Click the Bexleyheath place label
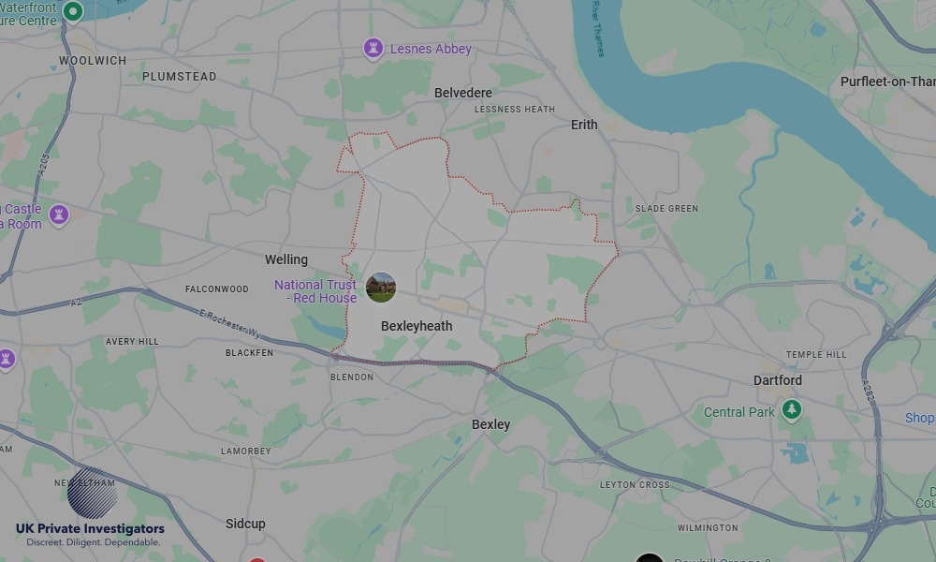(417, 326)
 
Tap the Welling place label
(286, 259)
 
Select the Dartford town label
(778, 380)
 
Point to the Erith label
(584, 125)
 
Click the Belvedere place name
(463, 93)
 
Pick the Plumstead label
(179, 77)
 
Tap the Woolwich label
(93, 61)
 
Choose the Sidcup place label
(245, 524)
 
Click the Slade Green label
(666, 208)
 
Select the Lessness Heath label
(515, 110)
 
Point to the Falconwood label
(217, 289)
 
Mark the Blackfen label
(250, 353)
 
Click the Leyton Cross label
(635, 485)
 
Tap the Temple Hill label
(816, 355)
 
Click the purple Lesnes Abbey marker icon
(373, 48)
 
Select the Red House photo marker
(381, 288)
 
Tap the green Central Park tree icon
(792, 410)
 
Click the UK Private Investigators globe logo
(92, 493)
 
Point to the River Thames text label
(597, 28)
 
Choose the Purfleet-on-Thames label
(887, 81)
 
